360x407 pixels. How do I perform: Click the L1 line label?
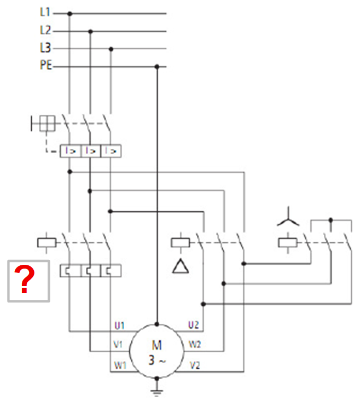click(45, 12)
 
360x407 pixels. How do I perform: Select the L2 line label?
click(45, 30)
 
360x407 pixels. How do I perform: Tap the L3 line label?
click(45, 48)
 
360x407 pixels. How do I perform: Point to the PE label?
click(46, 65)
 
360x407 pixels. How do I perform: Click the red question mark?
click(24, 279)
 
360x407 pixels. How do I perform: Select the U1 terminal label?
click(119, 325)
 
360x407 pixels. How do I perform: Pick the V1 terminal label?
click(118, 345)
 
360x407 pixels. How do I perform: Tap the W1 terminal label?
click(120, 365)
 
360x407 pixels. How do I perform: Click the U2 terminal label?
click(193, 325)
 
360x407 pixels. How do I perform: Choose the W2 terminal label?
click(195, 345)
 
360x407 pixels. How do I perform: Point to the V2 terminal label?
click(195, 365)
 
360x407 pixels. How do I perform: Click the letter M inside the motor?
click(157, 345)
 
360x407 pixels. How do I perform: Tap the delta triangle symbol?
click(181, 266)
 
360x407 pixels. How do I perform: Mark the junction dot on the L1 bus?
click(69, 14)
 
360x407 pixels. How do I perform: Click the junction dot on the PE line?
click(157, 67)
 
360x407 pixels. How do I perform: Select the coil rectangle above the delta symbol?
click(181, 243)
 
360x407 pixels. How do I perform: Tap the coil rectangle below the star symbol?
click(288, 243)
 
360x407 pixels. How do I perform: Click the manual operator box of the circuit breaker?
click(47, 123)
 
